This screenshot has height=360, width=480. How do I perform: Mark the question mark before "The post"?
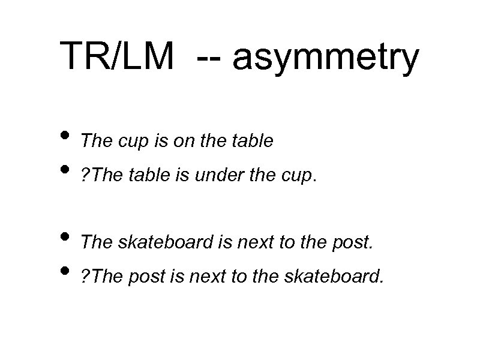coord(85,276)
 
